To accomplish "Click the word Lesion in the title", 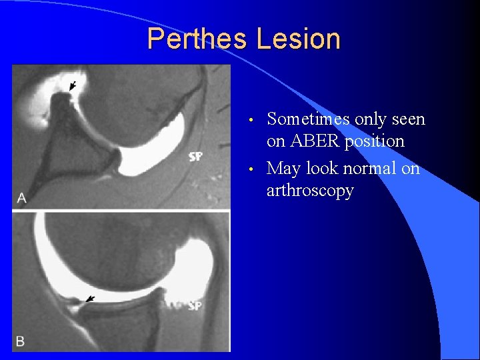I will [298, 39].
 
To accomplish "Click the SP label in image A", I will [196, 157].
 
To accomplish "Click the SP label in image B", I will [195, 305].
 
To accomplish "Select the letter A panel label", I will [21, 198].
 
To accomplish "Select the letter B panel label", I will [21, 341].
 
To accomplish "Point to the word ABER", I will [313, 141].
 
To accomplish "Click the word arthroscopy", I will [310, 191].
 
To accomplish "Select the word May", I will [283, 169].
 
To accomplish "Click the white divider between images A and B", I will [120, 211].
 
